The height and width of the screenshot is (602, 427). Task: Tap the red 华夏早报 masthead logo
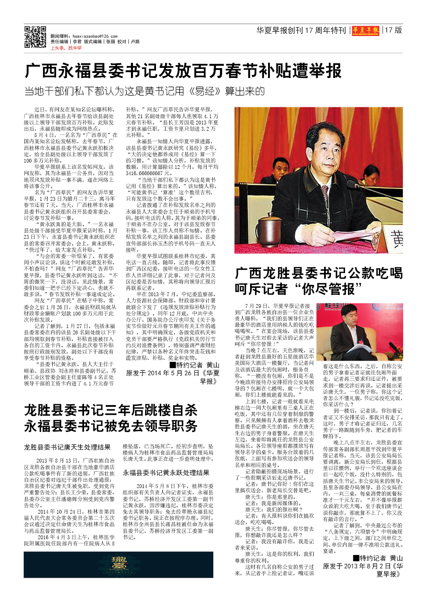[365, 30]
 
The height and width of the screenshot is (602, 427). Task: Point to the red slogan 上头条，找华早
[66, 48]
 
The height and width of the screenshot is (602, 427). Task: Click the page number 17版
[394, 30]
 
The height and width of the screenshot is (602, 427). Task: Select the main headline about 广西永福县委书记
[183, 71]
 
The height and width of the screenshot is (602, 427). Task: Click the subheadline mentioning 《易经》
[144, 91]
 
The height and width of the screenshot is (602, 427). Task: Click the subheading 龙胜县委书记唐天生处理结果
[67, 447]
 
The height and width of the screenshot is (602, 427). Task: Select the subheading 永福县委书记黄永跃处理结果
[166, 473]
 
